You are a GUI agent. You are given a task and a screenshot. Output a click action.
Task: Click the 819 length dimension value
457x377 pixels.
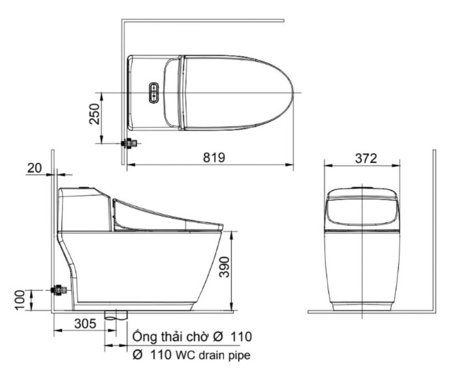[213, 157]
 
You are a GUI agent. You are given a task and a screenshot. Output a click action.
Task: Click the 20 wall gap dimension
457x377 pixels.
[35, 168]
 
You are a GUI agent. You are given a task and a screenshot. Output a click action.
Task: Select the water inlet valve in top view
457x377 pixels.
[130, 142]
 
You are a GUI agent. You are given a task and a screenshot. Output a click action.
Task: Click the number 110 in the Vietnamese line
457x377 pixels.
[241, 337]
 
